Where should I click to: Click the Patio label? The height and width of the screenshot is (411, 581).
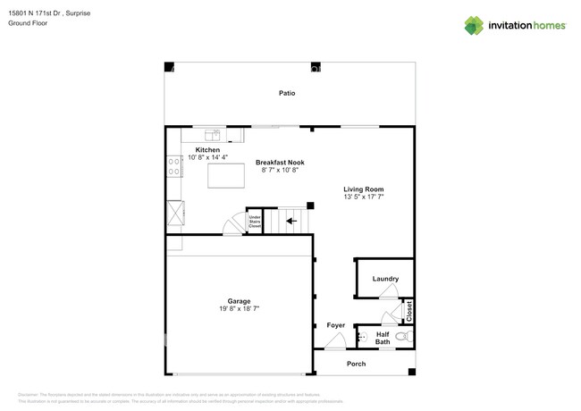point(286,93)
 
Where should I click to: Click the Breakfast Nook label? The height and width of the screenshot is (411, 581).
point(280,162)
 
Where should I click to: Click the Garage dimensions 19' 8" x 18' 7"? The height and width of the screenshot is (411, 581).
point(239,308)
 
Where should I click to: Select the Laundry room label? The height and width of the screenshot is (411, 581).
point(385,279)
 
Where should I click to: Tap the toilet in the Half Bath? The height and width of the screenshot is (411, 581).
point(403,337)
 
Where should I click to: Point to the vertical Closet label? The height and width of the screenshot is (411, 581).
point(409,311)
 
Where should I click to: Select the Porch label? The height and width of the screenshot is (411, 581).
point(356,364)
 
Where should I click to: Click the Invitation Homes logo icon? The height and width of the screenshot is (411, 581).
point(473,26)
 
